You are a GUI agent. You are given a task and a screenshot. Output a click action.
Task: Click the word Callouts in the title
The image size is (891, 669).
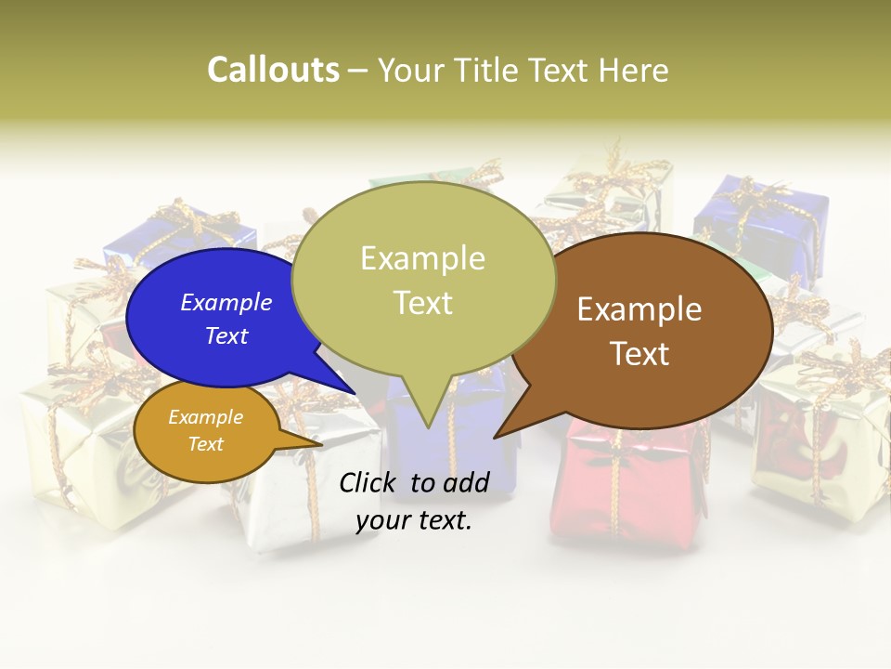[273, 70]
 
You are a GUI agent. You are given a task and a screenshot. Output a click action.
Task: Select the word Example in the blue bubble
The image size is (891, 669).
[226, 302]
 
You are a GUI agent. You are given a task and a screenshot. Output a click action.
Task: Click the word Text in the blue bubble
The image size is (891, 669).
[226, 335]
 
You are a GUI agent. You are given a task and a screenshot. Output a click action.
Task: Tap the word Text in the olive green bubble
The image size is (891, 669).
[422, 303]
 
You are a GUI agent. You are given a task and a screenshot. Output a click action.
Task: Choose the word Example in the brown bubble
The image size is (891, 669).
[639, 308]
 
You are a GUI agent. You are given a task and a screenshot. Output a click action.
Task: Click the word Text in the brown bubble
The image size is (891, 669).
[639, 354]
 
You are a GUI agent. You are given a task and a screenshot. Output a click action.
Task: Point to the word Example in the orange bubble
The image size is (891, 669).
[206, 417]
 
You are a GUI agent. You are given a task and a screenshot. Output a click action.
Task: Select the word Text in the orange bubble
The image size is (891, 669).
[206, 444]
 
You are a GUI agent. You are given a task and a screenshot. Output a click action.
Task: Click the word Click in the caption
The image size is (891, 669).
[369, 482]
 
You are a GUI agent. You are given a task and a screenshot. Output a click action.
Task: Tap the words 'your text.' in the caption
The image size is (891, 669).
[414, 521]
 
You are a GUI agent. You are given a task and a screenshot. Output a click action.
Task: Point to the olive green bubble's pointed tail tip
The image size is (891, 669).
[428, 427]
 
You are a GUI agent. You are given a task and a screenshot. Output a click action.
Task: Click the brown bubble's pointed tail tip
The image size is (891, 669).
[495, 437]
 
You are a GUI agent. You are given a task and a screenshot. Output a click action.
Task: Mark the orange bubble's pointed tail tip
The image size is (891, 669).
[321, 444]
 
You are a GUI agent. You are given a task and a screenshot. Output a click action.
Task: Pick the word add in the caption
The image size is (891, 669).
[467, 482]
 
